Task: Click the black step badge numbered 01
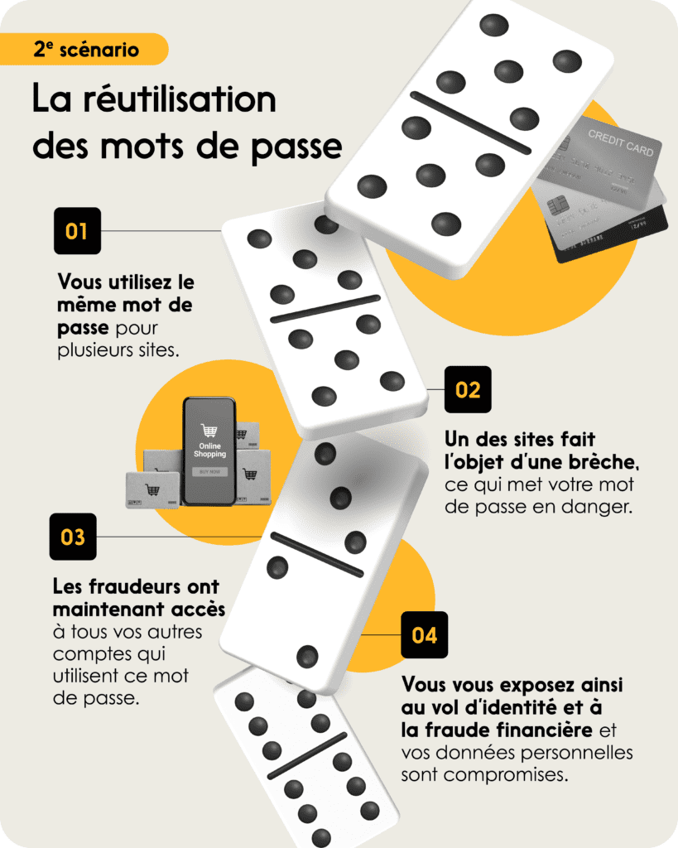pos(77,231)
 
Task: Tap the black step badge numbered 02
pos(468,389)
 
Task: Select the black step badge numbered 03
pos(73,537)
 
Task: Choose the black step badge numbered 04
pos(425,635)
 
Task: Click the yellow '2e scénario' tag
pos(84,49)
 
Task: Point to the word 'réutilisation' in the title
pos(180,99)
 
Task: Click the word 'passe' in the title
pos(297,147)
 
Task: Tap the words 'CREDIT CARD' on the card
pos(621,142)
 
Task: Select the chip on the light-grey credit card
pos(557,206)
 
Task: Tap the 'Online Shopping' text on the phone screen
pos(209,450)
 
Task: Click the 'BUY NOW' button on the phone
pos(209,471)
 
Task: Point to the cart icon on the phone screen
pos(209,431)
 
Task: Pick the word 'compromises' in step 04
pos(506,775)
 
